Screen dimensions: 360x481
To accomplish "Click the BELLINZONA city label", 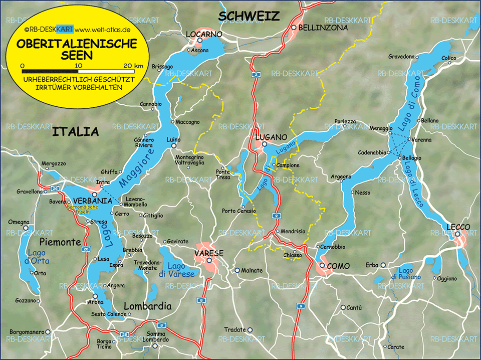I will (323, 28).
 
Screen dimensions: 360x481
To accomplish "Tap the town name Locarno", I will (204, 34).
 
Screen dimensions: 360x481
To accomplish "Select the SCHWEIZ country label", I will (249, 17).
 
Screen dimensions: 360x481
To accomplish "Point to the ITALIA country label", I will (76, 132).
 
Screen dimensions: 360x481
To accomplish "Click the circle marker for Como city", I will (323, 266).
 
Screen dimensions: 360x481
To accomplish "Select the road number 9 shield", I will (301, 305).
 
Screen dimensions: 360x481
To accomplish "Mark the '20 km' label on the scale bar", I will (133, 66).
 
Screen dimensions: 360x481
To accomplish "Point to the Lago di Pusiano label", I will (406, 273).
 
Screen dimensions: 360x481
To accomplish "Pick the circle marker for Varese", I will (209, 260).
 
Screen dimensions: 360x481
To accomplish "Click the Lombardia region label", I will (147, 306).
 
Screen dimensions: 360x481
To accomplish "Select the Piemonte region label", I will (60, 242).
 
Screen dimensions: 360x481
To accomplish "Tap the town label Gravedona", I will (401, 57).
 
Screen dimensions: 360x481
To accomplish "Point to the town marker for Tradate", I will (250, 330).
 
